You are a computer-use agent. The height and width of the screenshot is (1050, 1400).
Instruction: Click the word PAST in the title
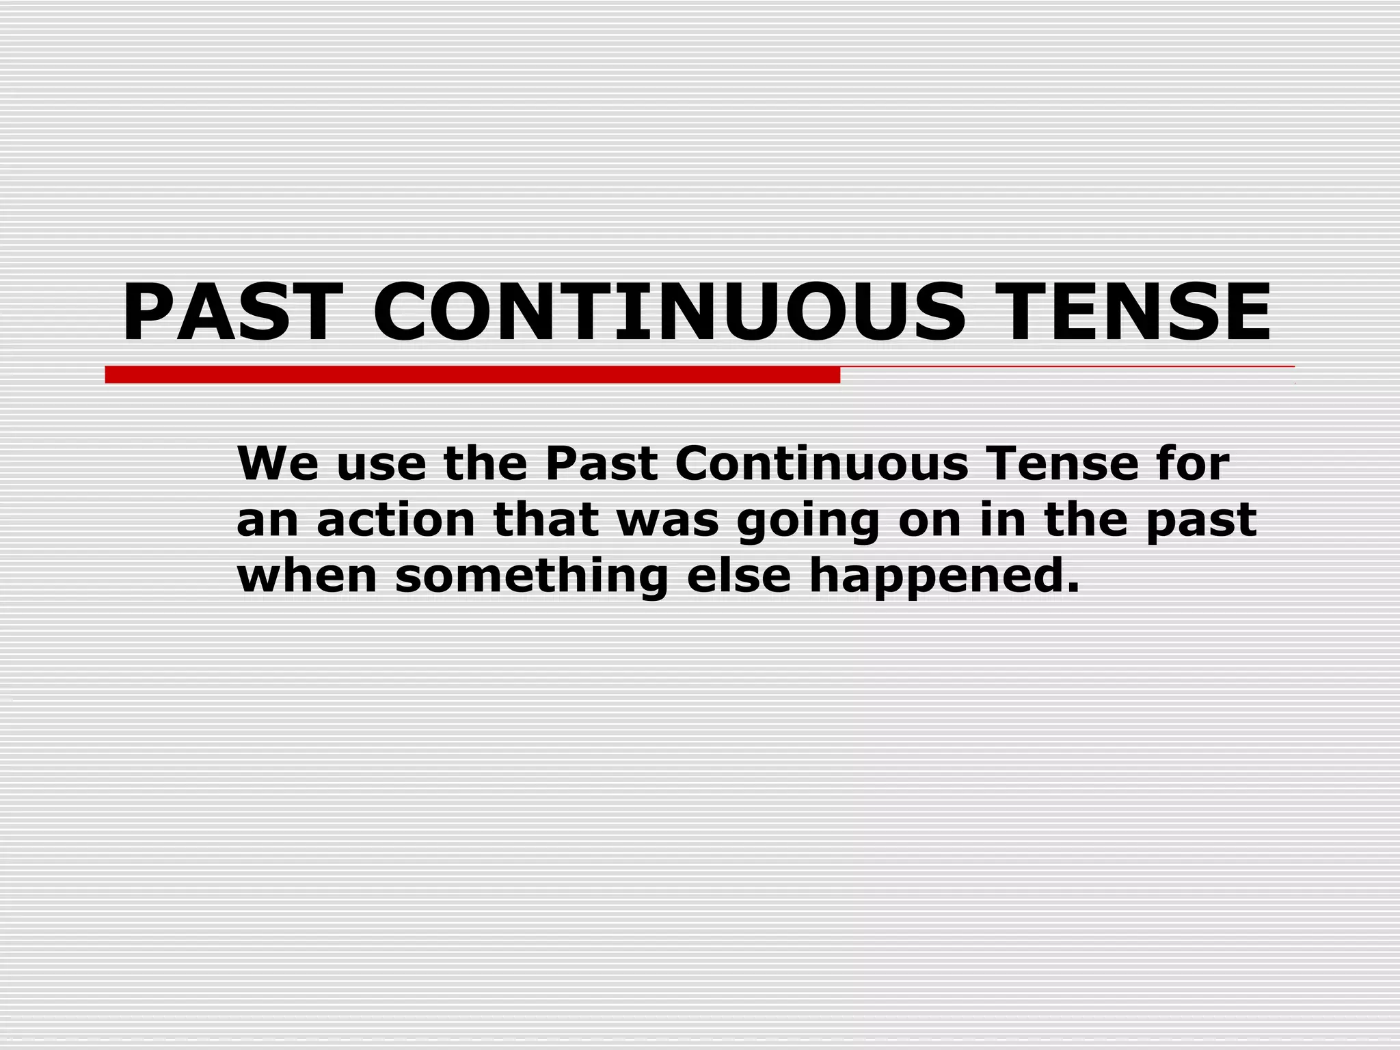pyautogui.click(x=232, y=312)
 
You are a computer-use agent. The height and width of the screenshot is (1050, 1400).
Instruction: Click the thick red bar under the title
pyautogui.click(x=472, y=375)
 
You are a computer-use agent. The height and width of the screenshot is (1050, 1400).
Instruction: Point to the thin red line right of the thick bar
pyautogui.click(x=1066, y=367)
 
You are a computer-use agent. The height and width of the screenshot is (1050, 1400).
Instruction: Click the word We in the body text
pyautogui.click(x=278, y=464)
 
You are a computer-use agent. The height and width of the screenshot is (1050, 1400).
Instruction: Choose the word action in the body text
pyautogui.click(x=396, y=520)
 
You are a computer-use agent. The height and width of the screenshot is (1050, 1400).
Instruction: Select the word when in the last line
pyautogui.click(x=307, y=576)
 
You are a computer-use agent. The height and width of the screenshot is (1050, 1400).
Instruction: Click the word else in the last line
pyautogui.click(x=738, y=576)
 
